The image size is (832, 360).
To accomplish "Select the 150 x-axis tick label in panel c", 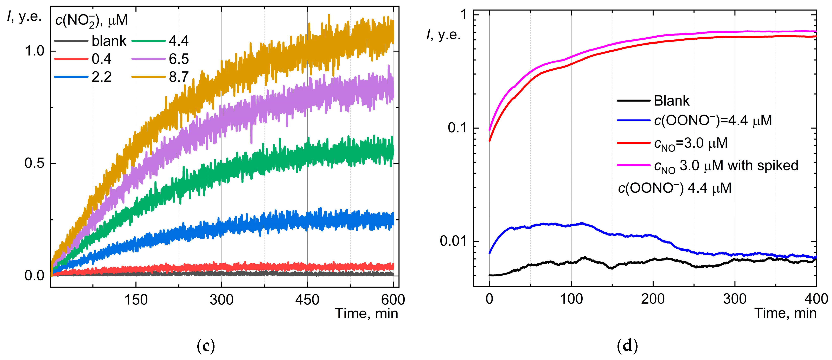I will point(136,300).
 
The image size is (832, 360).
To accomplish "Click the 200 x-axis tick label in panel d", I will point(653,299).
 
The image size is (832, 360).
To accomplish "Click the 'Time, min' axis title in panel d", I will point(785,313).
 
